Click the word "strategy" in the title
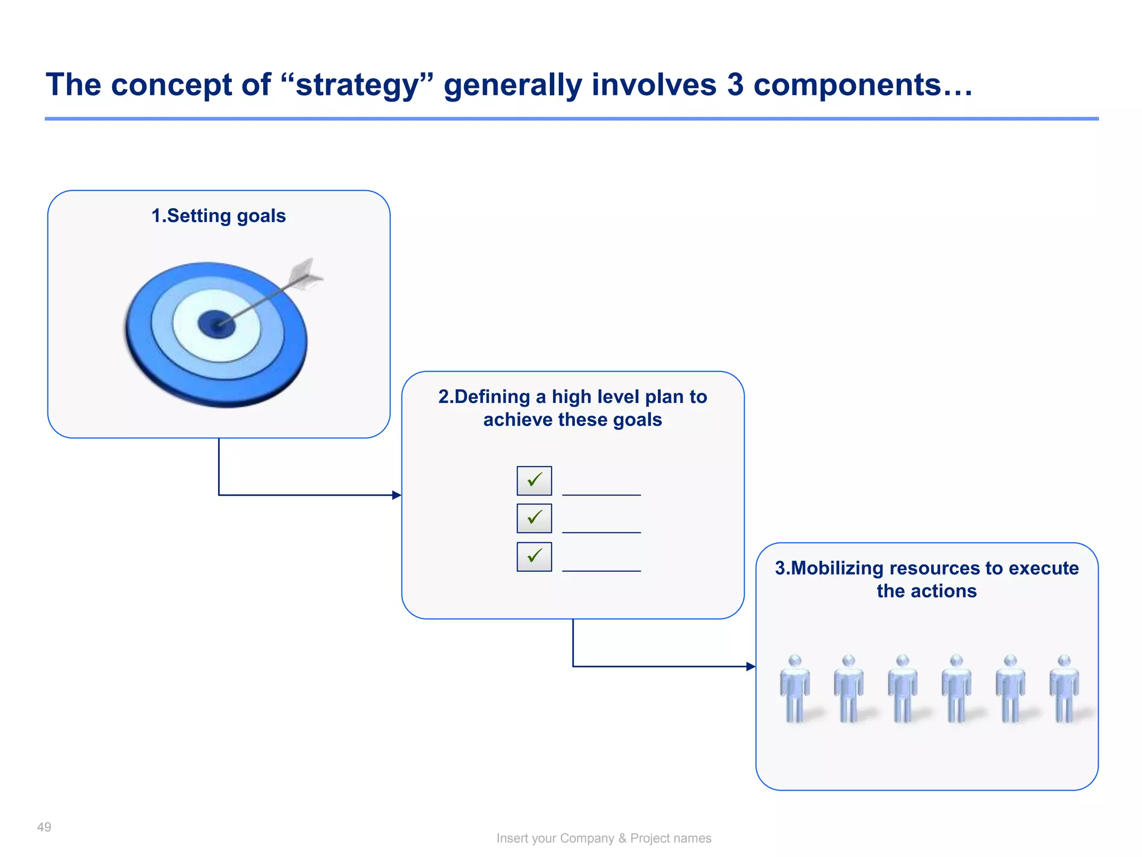pos(357,85)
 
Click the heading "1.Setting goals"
pos(219,216)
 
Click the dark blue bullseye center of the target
pos(216,324)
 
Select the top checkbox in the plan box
pos(534,480)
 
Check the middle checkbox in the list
pos(534,518)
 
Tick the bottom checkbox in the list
pos(534,556)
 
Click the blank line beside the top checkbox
pos(601,494)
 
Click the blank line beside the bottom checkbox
pos(601,570)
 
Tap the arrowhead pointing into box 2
pos(396,495)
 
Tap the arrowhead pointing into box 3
pos(751,666)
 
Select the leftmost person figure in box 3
pos(795,689)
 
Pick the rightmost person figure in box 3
pos(1064,689)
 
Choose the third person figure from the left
pos(902,689)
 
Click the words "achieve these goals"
pos(573,420)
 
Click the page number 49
pos(44,827)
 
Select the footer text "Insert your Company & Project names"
pos(604,838)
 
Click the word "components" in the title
pos(847,85)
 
